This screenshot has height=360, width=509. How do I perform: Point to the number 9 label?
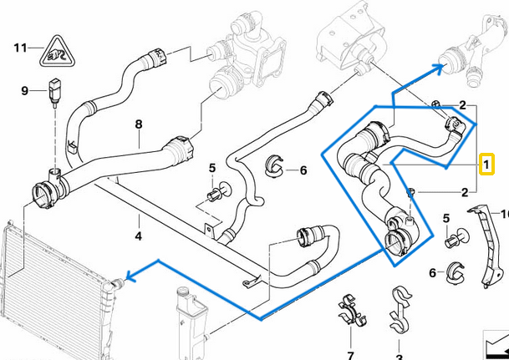click(x=24, y=90)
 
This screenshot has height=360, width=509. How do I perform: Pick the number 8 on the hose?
click(x=139, y=124)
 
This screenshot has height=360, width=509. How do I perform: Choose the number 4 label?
click(x=140, y=223)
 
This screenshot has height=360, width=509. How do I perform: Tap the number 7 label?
click(x=351, y=344)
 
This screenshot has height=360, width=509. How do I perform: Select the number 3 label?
click(x=400, y=344)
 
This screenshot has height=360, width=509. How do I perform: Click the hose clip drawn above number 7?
click(x=351, y=311)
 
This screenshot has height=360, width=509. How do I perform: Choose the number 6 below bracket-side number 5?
click(x=433, y=272)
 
